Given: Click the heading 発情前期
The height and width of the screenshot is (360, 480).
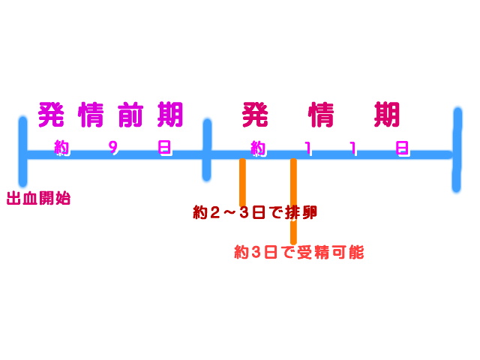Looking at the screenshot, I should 110,115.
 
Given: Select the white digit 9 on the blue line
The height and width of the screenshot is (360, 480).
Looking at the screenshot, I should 113,148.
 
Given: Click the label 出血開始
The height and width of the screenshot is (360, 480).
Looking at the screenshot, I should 38,199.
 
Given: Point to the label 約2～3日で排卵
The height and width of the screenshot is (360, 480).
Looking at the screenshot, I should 255,213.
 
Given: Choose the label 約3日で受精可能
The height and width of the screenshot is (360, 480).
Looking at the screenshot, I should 298,252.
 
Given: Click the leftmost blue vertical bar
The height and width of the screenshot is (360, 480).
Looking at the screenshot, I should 23,150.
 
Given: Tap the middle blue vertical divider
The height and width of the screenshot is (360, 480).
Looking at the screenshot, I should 207,150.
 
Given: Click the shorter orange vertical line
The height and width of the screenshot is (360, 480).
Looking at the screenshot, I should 242,182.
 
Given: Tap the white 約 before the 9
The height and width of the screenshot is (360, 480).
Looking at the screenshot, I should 61,148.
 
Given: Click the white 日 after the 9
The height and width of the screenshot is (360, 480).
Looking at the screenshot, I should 164,148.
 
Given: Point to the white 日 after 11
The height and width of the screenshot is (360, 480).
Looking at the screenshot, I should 403,148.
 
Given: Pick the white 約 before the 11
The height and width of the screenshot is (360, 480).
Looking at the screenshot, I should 258,148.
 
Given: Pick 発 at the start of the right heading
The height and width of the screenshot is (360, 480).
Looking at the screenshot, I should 255,115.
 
